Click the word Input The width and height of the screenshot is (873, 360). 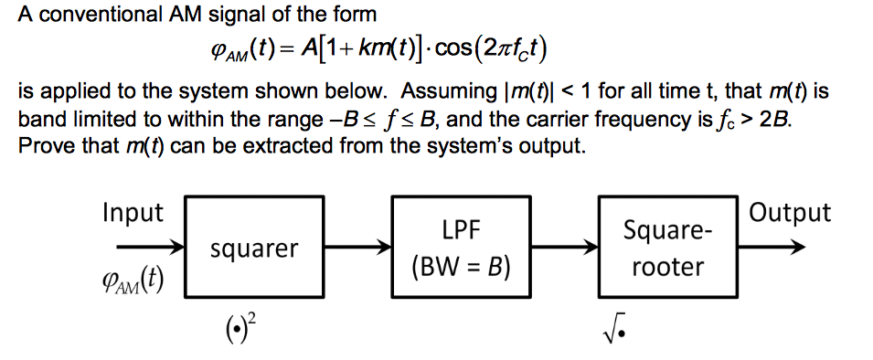(133, 214)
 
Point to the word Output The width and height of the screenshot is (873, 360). (790, 214)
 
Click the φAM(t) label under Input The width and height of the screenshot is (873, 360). (134, 277)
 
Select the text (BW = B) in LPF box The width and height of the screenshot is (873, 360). (461, 268)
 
